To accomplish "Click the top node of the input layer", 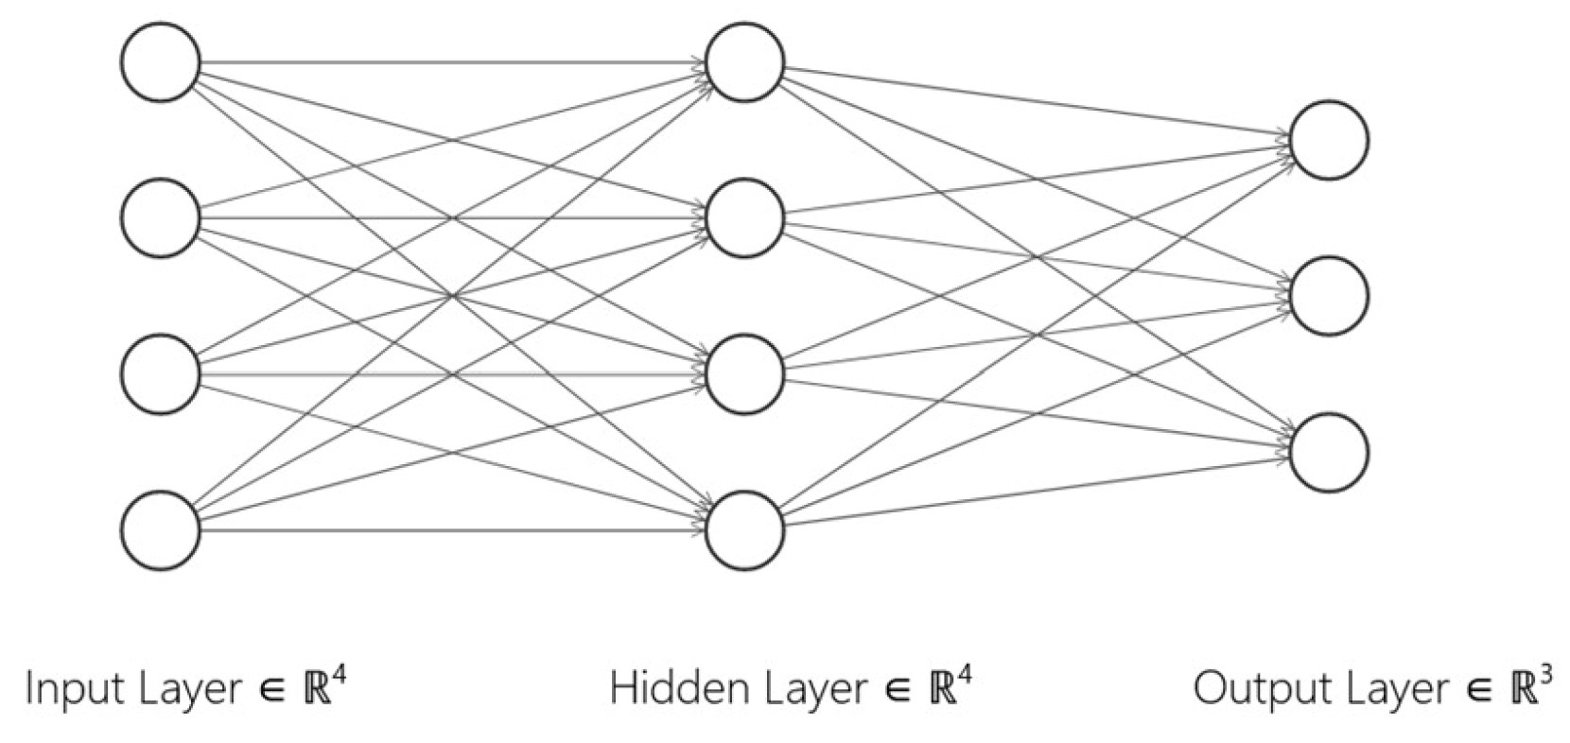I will (161, 62).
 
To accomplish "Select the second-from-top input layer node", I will (161, 218).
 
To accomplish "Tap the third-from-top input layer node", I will (161, 373).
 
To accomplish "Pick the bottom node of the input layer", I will (161, 529).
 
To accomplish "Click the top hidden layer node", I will (745, 62).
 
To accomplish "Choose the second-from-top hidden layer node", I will (745, 218).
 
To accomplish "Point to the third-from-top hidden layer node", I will (745, 373).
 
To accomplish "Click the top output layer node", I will (1329, 140).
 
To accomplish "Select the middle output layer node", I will (1329, 296).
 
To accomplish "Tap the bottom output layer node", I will (1329, 451).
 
